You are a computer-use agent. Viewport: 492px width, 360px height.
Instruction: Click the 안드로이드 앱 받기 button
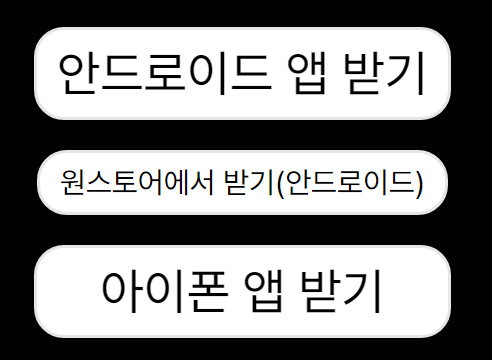click(x=242, y=73)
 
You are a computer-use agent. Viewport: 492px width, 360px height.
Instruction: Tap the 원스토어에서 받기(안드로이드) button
click(x=242, y=182)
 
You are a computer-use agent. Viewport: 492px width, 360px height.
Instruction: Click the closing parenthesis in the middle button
click(x=417, y=183)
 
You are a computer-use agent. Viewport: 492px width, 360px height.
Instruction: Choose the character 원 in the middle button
click(x=72, y=182)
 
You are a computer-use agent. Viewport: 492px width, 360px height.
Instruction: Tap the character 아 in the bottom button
click(x=121, y=292)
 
